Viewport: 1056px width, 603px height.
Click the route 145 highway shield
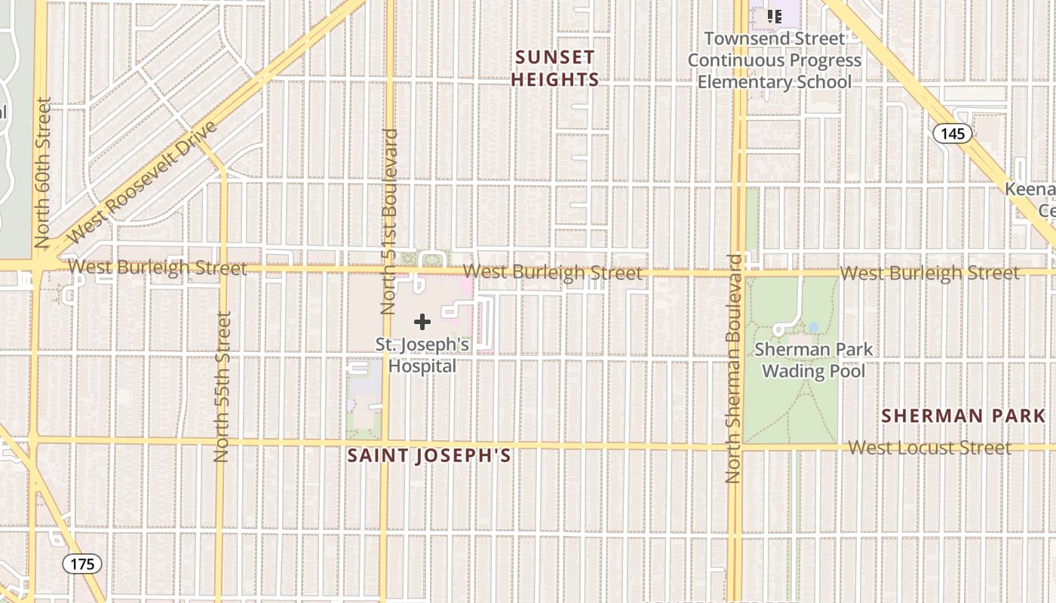pos(952,133)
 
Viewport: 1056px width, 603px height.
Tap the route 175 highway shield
pos(81,564)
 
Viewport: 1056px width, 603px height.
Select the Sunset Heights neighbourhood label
pos(556,69)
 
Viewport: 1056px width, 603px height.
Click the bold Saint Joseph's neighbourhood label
pos(429,456)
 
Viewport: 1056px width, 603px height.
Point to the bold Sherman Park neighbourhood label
pos(963,416)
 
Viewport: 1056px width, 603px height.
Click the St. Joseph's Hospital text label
pos(422,356)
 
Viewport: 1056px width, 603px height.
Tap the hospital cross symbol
pos(422,322)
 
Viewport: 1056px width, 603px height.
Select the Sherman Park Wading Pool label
pos(814,360)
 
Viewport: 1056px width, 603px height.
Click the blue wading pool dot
pos(813,327)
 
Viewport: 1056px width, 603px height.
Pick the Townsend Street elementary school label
pos(774,60)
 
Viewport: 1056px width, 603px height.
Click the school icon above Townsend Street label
pos(774,16)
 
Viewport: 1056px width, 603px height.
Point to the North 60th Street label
pos(42,173)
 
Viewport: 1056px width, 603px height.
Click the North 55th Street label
pos(222,387)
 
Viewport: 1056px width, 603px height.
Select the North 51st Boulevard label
pos(389,222)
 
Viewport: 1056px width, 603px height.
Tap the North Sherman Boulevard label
pos(734,369)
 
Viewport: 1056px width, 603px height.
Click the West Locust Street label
pos(929,448)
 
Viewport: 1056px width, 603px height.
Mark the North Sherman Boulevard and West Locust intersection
pos(735,446)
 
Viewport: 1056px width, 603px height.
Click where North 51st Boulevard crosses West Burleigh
pos(388,269)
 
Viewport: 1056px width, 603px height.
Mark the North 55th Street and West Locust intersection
pos(222,442)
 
